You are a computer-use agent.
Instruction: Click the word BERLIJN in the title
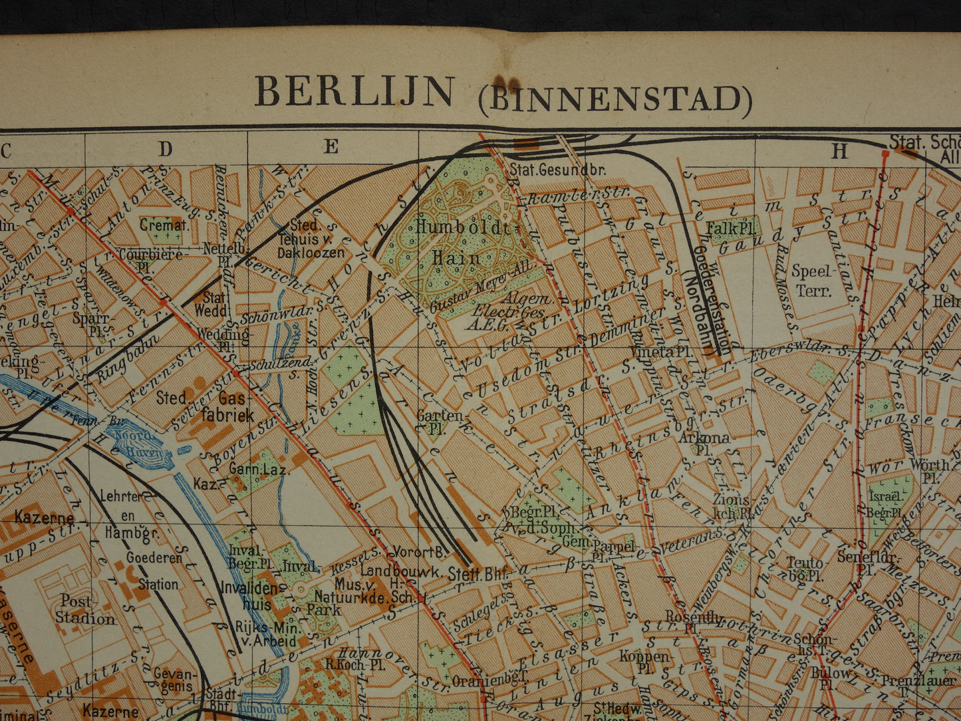click(354, 92)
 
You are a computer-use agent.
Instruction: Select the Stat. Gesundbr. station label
click(558, 170)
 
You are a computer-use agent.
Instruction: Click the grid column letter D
click(165, 149)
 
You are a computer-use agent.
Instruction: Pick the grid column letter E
click(331, 147)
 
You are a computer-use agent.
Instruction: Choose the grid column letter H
click(840, 152)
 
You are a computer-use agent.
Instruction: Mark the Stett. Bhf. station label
click(475, 573)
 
